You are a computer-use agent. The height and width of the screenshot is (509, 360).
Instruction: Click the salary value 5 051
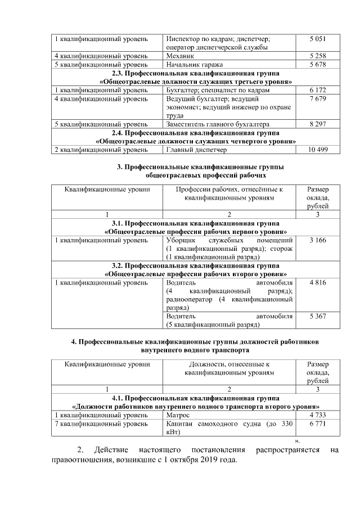tap(318, 39)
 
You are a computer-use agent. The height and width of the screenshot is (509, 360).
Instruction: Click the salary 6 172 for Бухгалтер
tap(318, 90)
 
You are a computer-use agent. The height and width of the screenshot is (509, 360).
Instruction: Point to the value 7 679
tap(318, 99)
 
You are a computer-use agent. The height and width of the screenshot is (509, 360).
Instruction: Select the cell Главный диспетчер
tap(196, 150)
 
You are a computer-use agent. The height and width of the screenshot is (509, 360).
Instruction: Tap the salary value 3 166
tap(318, 241)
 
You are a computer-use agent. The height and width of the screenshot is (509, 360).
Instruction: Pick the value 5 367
tap(318, 317)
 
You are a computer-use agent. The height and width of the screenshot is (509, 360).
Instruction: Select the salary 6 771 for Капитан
tap(318, 424)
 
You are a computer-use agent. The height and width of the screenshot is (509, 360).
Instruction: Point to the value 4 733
tap(318, 415)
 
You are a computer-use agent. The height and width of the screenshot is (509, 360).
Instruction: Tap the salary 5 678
tap(318, 65)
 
